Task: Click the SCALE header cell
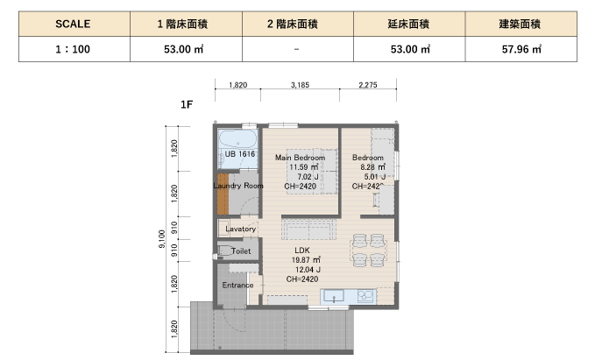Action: (74, 24)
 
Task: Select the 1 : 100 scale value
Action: (73, 49)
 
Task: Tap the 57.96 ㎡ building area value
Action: (521, 49)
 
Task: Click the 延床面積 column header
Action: (408, 24)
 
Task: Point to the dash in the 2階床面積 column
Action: (296, 49)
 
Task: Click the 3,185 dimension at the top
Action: (300, 85)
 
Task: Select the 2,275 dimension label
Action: (368, 85)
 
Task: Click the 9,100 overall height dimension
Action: (161, 239)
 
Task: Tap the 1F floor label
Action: (187, 104)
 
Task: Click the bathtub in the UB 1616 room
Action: (238, 139)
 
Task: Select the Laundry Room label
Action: (238, 186)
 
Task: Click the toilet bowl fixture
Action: (225, 251)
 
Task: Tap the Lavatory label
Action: (241, 229)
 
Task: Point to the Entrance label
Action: (237, 286)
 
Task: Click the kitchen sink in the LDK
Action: (334, 296)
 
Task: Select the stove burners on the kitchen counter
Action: (365, 296)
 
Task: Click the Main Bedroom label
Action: (301, 158)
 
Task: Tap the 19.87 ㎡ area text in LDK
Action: (306, 260)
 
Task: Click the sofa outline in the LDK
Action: (308, 229)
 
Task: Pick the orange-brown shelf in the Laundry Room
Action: (223, 194)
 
